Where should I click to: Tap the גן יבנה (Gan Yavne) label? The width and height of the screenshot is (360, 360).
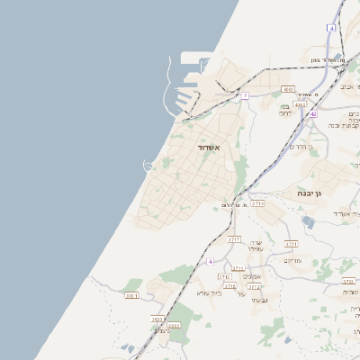pyautogui.click(x=310, y=193)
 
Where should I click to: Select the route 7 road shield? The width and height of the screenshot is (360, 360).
pyautogui.click(x=245, y=95)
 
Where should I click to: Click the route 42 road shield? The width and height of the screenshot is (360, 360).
pyautogui.click(x=313, y=114)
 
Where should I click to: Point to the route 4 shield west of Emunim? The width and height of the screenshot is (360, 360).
pyautogui.click(x=210, y=261)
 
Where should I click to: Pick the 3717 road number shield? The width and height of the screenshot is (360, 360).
pyautogui.click(x=234, y=239)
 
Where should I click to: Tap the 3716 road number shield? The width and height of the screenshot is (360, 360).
pyautogui.click(x=229, y=286)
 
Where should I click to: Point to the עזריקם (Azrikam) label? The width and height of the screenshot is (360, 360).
pyautogui.click(x=292, y=261)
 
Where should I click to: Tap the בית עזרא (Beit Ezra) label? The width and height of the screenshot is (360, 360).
pyautogui.click(x=208, y=292)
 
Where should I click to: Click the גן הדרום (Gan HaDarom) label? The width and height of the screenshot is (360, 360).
pyautogui.click(x=299, y=147)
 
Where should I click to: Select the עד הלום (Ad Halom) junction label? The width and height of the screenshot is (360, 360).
pyautogui.click(x=232, y=205)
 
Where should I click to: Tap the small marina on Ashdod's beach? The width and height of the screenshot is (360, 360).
pyautogui.click(x=148, y=165)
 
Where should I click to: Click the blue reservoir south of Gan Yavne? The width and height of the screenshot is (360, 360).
pyautogui.click(x=310, y=222)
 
